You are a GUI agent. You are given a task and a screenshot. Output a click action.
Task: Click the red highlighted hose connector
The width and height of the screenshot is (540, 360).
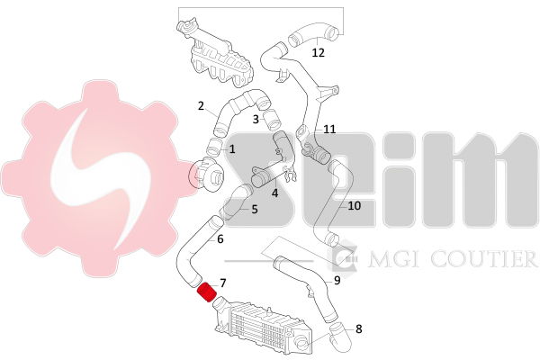pos(206,292)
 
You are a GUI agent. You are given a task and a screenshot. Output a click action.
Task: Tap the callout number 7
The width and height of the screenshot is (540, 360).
pos(223,283)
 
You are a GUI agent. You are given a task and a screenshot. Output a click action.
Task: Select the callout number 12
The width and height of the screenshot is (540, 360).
pos(319,53)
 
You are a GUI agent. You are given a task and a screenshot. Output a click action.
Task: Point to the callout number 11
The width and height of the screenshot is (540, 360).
pos(329,130)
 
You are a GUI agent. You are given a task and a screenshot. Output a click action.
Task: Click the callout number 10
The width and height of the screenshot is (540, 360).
pos(355,206)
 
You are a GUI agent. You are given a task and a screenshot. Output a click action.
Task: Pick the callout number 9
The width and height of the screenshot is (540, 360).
pos(337,281)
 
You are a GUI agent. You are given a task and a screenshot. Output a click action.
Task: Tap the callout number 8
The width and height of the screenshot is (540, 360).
pos(359,329)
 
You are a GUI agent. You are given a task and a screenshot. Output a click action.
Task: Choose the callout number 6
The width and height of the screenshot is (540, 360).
pos(220,238)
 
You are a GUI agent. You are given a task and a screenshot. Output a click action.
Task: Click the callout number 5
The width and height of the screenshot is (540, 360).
pos(255,209)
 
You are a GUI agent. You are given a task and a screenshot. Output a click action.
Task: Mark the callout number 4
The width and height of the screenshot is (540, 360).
pos(274,193)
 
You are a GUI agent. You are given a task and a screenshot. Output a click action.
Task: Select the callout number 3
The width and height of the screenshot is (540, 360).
pos(256,119)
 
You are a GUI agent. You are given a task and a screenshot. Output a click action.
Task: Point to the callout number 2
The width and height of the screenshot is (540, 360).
pos(201,105)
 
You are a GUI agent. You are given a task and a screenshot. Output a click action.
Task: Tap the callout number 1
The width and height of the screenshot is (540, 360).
pos(232,149)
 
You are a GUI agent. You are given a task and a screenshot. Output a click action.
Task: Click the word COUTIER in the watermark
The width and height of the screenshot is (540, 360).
pos(483,259)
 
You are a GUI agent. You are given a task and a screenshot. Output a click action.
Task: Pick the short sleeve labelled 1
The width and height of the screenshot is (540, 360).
pos(215,146)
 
